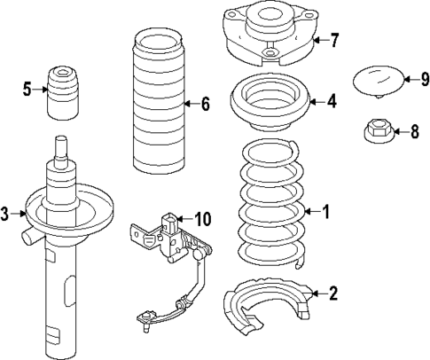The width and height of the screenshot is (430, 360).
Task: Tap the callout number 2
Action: point(332,293)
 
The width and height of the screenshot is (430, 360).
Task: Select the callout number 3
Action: point(7,214)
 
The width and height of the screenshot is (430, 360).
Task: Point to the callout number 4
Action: point(332,102)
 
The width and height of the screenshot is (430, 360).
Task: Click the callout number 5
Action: point(27,88)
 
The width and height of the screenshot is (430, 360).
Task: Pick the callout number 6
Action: point(205,105)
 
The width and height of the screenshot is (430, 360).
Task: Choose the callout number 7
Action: point(334,40)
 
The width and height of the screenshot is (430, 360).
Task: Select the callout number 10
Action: point(203,217)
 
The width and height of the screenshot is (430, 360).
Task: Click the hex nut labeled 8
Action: point(376,134)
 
